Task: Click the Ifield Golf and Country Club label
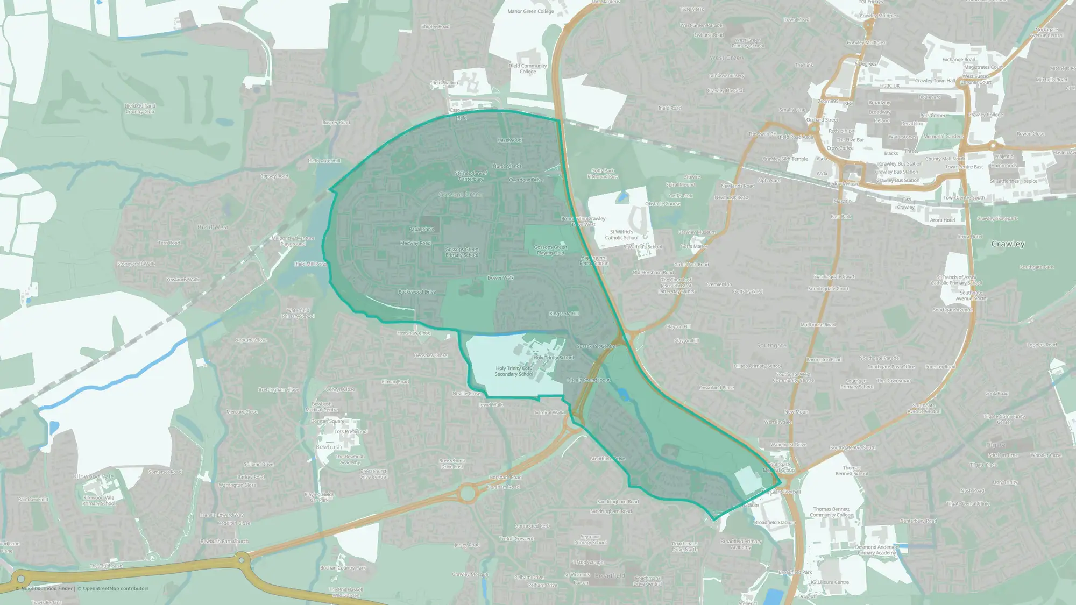point(140,109)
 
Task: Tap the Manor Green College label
point(530,11)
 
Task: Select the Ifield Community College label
point(528,69)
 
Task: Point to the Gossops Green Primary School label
point(462,252)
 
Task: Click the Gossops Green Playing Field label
point(550,250)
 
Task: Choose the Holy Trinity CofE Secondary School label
point(514,371)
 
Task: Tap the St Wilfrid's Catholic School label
point(621,234)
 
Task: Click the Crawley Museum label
point(697,232)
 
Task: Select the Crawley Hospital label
point(725,91)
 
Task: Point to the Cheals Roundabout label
point(589,380)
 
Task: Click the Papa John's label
point(421,229)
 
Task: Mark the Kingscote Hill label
point(564,314)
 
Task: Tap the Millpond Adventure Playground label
point(293,241)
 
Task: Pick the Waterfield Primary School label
point(298,313)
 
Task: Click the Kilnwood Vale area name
point(94,476)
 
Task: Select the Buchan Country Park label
point(343,568)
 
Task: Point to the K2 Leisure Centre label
point(830,582)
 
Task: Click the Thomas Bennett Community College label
point(831,512)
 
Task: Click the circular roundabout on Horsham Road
point(467,493)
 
